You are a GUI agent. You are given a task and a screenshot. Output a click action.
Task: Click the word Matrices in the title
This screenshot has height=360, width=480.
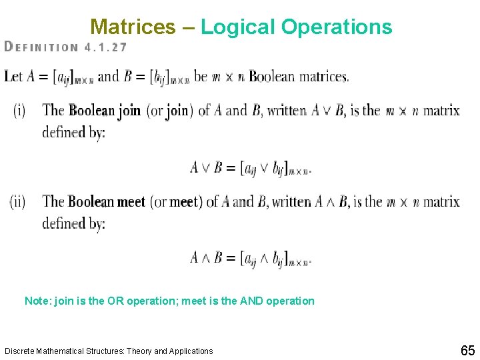[133, 27]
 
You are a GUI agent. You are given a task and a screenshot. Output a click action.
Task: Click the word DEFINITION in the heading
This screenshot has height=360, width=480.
[41, 47]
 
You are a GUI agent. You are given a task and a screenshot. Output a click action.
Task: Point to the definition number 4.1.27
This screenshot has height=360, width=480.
[106, 47]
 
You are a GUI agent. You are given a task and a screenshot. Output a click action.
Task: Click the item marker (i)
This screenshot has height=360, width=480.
[19, 110]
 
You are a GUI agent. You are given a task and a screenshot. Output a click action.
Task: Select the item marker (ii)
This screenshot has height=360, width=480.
[18, 201]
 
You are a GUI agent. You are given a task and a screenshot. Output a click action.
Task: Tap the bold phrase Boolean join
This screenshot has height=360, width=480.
[105, 110]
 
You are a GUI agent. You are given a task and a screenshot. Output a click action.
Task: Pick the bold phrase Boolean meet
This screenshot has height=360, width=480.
[107, 201]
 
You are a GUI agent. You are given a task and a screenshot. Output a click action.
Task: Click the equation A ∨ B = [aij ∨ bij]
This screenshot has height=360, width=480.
[251, 167]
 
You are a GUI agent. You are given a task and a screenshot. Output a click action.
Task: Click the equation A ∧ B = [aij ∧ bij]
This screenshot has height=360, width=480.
[251, 257]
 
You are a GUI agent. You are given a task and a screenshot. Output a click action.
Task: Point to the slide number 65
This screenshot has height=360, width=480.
[467, 351]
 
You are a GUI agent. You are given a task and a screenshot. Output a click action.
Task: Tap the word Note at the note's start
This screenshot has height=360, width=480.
[36, 301]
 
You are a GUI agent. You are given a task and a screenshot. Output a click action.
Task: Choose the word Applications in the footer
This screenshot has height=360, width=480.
[191, 351]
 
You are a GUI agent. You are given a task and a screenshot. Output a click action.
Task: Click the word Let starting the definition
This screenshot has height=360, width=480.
[13, 76]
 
